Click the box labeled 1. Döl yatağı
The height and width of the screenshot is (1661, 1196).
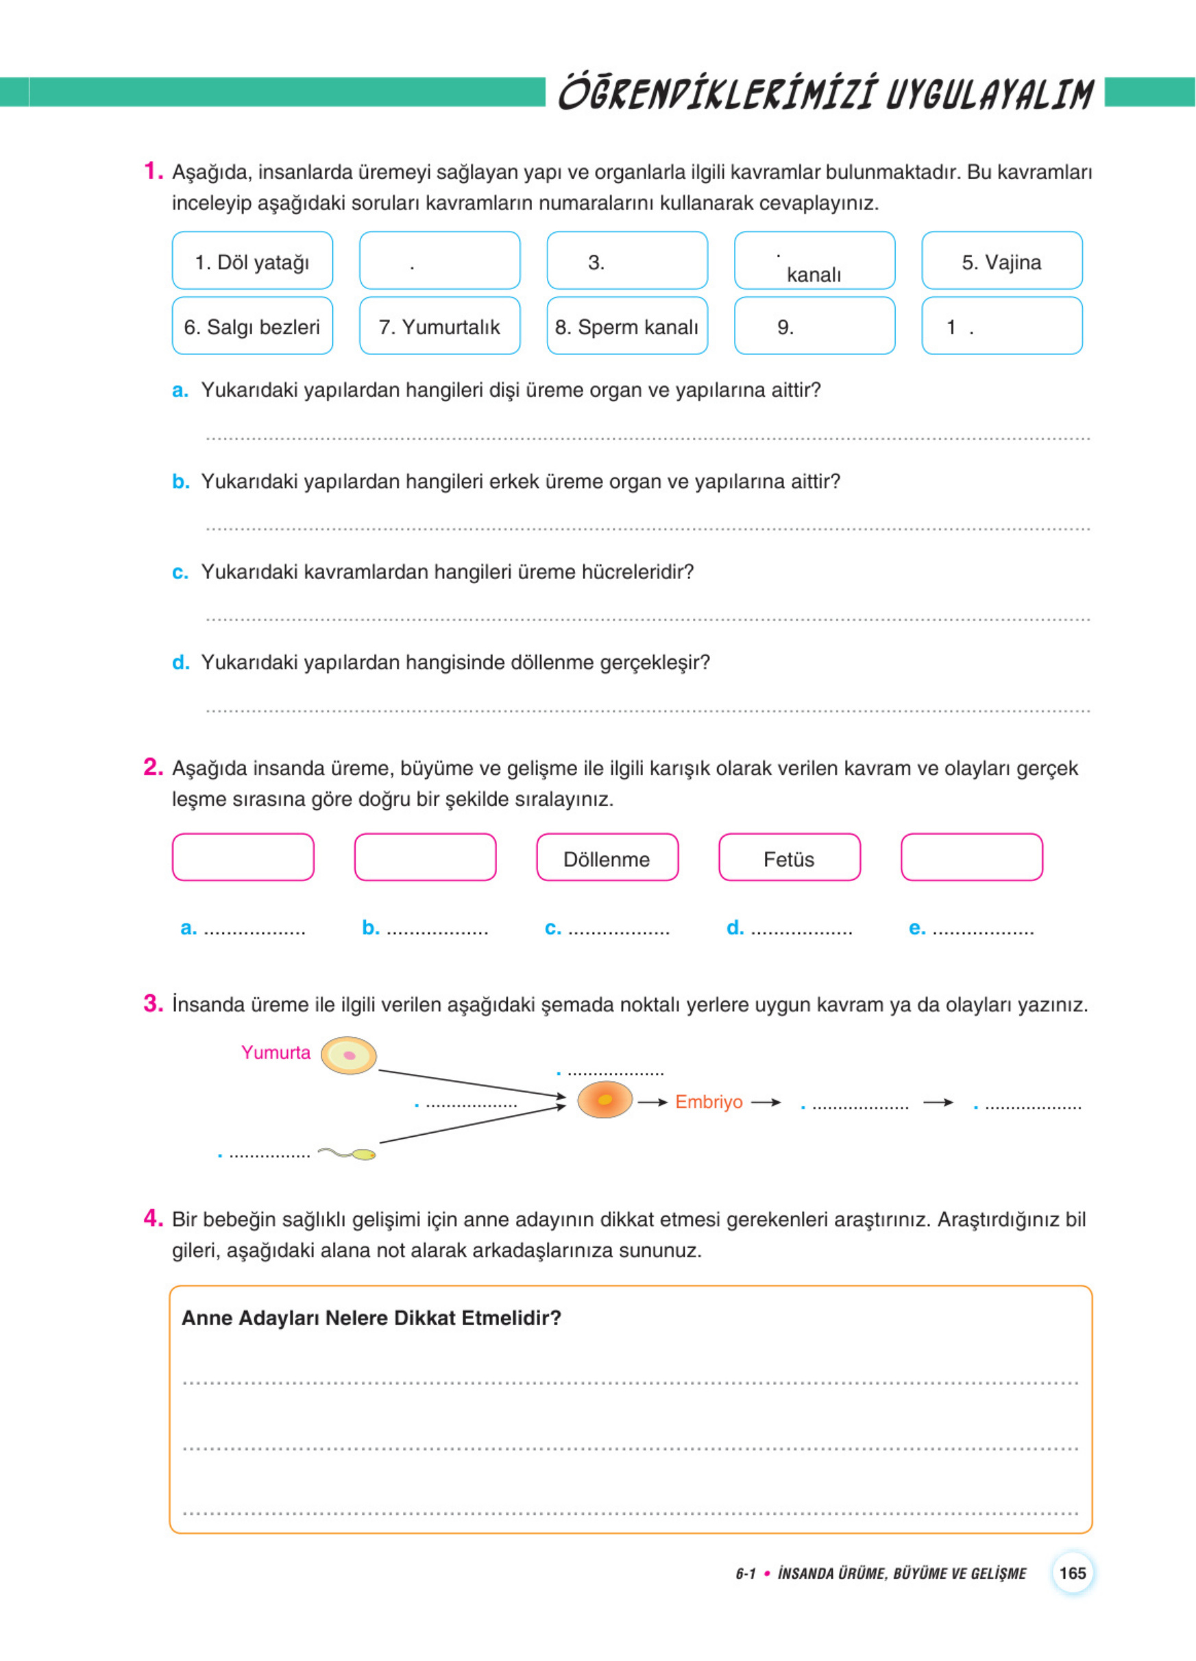[x=252, y=262]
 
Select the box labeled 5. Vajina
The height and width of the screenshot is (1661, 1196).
[x=1001, y=262]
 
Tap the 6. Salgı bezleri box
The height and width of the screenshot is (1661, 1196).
[x=252, y=327]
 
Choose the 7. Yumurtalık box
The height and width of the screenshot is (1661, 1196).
[x=439, y=327]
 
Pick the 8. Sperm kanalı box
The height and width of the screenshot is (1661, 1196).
[x=626, y=327]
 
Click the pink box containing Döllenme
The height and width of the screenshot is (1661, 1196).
[x=607, y=859]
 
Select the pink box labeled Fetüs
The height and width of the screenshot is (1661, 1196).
[x=789, y=859]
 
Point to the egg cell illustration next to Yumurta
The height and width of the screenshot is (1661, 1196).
[x=349, y=1055]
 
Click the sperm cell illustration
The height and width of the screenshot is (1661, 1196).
[x=348, y=1154]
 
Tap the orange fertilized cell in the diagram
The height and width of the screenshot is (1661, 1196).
[x=605, y=1100]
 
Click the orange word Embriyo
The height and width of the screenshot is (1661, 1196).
[x=708, y=1101]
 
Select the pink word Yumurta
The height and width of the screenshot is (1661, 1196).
[x=276, y=1053]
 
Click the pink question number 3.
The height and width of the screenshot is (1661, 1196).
[x=153, y=1003]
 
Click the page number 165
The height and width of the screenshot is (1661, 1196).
[x=1072, y=1573]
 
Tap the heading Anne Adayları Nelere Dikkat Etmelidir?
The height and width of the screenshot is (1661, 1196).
[x=371, y=1318]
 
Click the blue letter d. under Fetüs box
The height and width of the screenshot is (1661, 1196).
[x=735, y=928]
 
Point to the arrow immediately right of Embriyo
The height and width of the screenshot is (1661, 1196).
[x=766, y=1101]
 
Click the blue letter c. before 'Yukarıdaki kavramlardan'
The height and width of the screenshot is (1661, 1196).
[x=180, y=572]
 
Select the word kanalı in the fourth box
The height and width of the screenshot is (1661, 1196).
[x=814, y=275]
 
